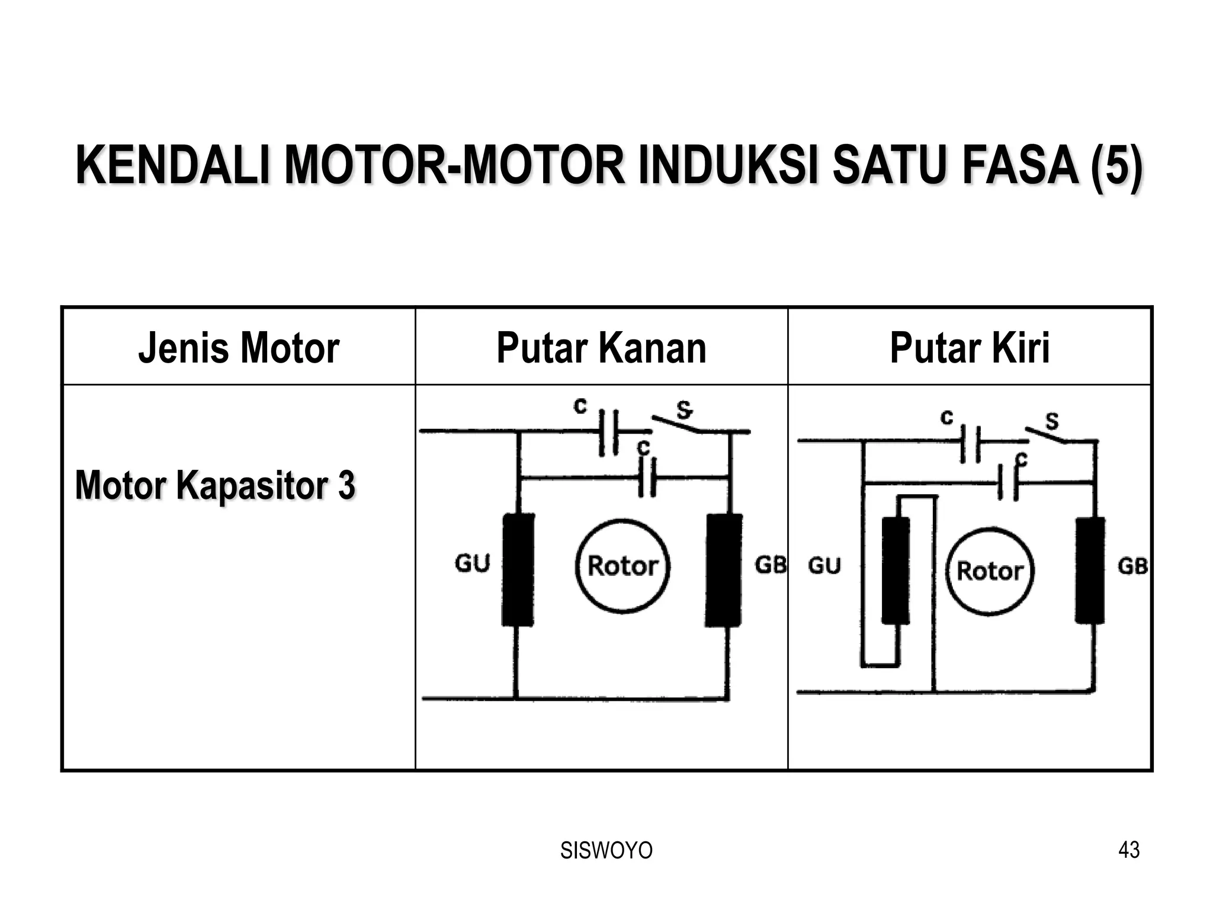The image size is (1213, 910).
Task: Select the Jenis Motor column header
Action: pos(239,348)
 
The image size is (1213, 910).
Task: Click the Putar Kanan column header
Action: pos(601,348)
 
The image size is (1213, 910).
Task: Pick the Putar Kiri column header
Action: pos(970,348)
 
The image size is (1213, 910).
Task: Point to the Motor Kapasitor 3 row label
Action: pos(215,485)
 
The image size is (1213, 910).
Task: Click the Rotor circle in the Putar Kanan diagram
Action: pos(622,566)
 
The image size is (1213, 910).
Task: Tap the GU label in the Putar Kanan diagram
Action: pos(473,563)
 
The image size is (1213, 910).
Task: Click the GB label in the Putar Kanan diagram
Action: pos(770,565)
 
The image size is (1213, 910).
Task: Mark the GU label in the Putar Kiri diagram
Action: pos(824,566)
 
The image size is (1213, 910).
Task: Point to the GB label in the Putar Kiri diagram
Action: pos(1132,567)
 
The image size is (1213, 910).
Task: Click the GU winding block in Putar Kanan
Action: pos(518,570)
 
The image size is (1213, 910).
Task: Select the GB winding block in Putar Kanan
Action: pos(724,570)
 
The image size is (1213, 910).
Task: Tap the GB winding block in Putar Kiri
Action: pos(1090,570)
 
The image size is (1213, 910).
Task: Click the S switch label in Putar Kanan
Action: pos(684,409)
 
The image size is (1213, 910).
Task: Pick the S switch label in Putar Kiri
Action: pos(1052,421)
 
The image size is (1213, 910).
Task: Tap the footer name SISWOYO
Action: pos(606,850)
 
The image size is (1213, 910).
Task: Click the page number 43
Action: pos(1129,850)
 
